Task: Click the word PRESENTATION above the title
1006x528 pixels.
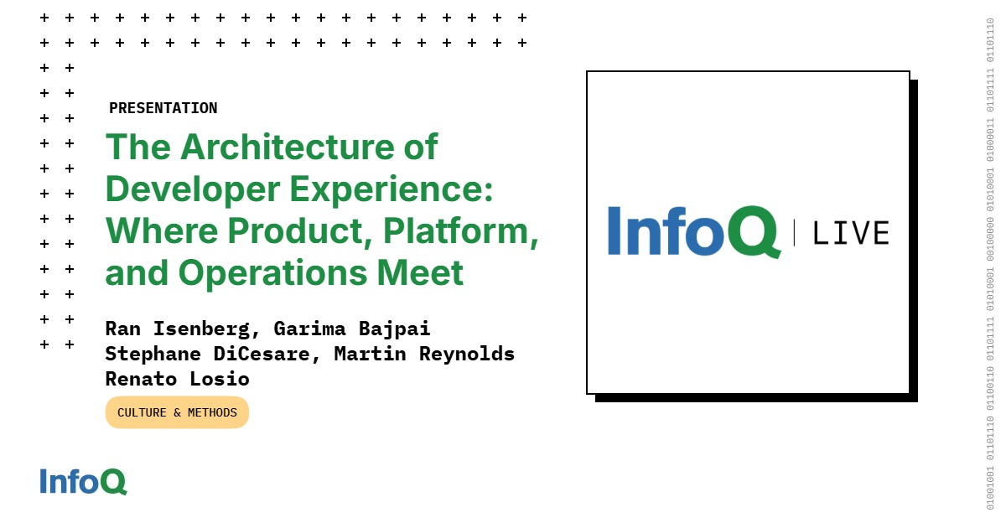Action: (163, 108)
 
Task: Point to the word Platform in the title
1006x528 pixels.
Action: (459, 232)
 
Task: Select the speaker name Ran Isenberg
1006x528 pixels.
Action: (177, 329)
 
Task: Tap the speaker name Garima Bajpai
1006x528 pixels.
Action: (351, 329)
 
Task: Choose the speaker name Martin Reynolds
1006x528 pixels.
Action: (424, 354)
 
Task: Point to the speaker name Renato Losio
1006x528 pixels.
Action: (177, 379)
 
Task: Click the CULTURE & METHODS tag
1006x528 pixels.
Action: (177, 412)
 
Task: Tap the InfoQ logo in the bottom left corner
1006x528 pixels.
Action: (83, 481)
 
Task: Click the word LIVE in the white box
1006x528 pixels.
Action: (851, 233)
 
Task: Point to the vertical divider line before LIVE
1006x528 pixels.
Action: (794, 232)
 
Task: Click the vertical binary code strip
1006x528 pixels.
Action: (990, 264)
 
